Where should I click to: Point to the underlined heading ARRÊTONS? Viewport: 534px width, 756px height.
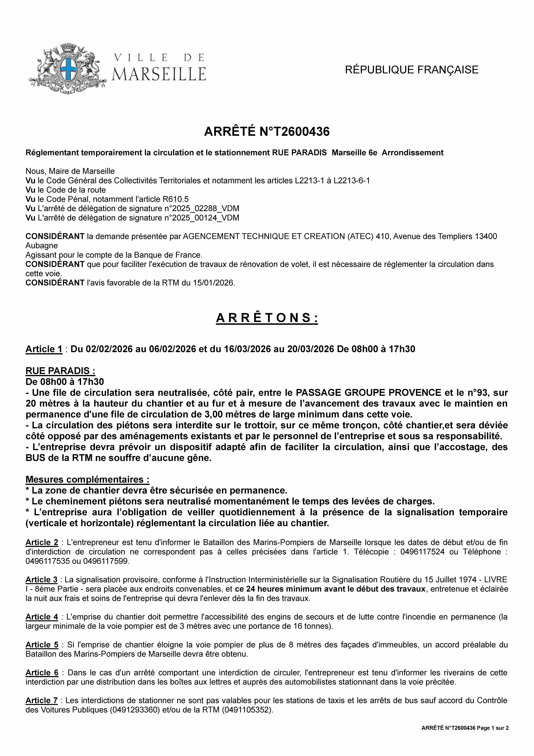point(267,318)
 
